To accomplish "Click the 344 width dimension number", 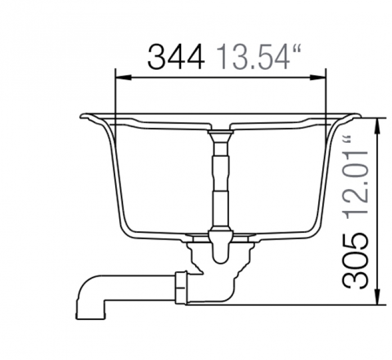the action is [176, 57].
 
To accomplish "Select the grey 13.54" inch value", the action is [258, 57].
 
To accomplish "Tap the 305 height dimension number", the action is [355, 261].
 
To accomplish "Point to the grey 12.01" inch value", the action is [355, 178].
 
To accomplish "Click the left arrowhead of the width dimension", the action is [123, 78].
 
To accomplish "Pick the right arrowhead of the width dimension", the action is [318, 78].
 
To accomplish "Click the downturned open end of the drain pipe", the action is [90, 317].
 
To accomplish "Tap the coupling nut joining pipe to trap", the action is [181, 288].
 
